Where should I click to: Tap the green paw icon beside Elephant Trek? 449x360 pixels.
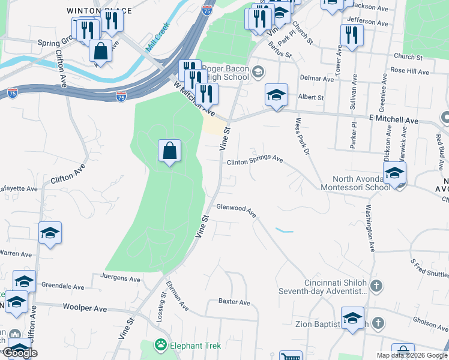click(160, 345)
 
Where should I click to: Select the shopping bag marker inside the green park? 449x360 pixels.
click(170, 151)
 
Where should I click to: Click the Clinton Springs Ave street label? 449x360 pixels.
click(255, 161)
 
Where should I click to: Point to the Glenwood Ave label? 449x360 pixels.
click(236, 211)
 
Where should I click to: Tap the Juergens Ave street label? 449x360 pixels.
click(117, 279)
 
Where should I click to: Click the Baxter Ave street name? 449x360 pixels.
click(234, 302)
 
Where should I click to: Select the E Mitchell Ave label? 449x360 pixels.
click(393, 121)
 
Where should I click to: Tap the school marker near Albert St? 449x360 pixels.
click(276, 95)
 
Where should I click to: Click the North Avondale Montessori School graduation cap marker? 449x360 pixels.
click(394, 174)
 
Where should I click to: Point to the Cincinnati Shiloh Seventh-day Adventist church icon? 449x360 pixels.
click(376, 285)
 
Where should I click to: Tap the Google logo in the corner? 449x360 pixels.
click(21, 353)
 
